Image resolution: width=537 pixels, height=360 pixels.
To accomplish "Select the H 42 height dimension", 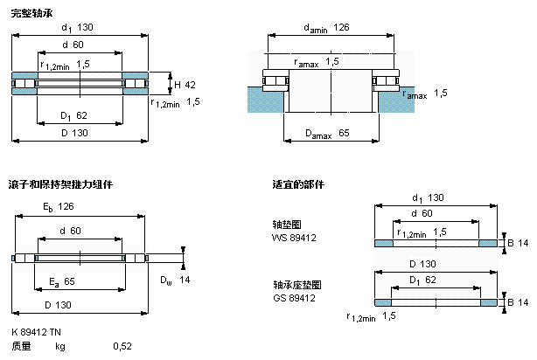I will (184, 85).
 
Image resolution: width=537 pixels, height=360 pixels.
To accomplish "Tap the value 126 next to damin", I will (342, 28).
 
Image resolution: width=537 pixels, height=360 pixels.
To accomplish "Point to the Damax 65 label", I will (330, 133).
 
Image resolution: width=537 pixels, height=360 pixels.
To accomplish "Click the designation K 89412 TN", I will (37, 333).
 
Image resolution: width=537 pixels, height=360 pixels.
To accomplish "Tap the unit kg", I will (60, 346).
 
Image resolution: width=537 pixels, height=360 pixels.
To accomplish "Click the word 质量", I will (21, 346).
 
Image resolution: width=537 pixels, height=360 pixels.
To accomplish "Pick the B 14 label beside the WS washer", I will (516, 242).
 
